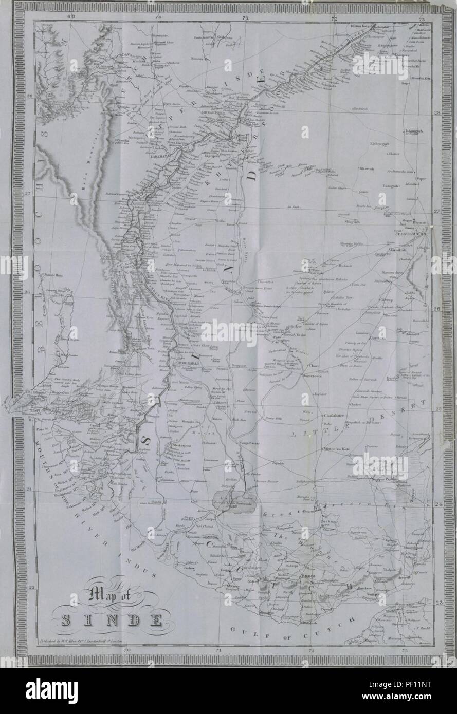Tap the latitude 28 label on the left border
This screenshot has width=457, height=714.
tap(30, 96)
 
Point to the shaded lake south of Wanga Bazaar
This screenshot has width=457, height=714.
tap(234, 497)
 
